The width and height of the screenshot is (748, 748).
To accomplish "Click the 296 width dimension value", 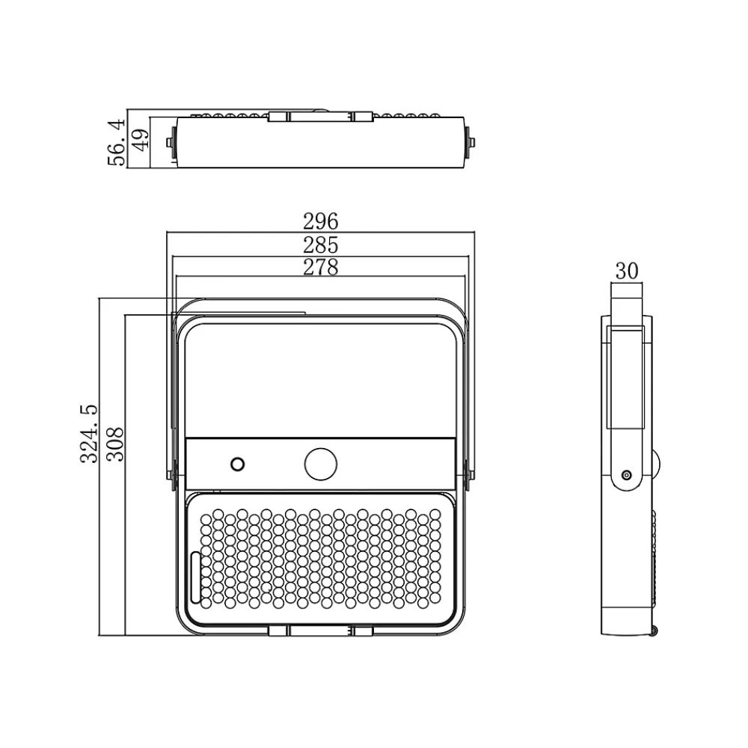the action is click(x=321, y=221).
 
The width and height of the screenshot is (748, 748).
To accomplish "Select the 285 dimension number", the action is click(x=321, y=245).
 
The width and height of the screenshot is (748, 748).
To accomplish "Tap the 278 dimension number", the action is click(x=321, y=267).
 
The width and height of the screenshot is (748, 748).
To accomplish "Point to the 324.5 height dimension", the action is click(x=89, y=434).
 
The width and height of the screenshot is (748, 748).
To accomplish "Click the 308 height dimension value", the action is click(x=115, y=444).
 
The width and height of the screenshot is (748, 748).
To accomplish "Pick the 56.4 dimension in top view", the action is click(x=117, y=142).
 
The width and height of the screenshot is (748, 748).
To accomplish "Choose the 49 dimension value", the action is click(x=141, y=140).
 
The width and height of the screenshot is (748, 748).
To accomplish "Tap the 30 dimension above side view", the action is click(x=626, y=271).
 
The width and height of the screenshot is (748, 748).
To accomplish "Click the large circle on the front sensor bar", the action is click(x=321, y=464).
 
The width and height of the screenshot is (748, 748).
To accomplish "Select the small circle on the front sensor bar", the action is click(x=238, y=465).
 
